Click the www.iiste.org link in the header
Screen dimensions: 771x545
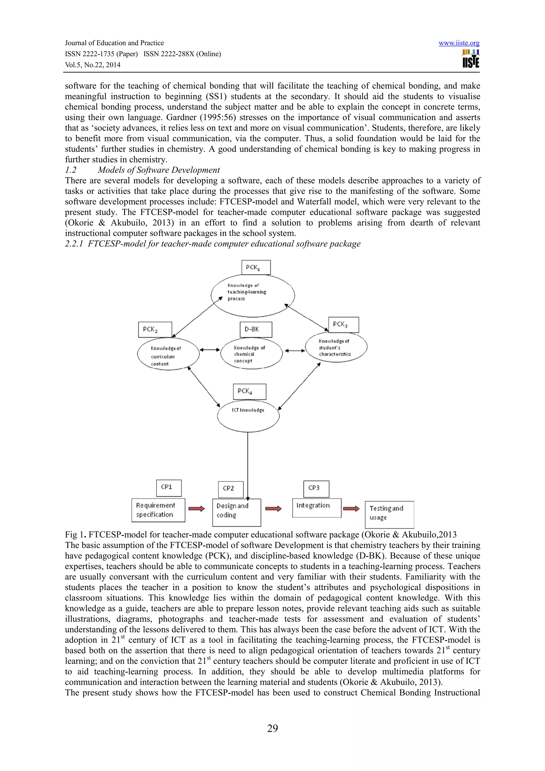click(x=459, y=43)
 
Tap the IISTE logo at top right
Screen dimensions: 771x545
click(x=470, y=59)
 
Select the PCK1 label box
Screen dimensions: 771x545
click(x=256, y=267)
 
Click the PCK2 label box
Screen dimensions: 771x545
click(x=155, y=329)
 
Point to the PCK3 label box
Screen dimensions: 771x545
click(x=343, y=325)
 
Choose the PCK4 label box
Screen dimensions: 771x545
click(x=250, y=392)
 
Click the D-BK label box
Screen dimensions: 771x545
click(x=256, y=329)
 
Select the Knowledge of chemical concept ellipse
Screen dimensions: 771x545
click(x=251, y=354)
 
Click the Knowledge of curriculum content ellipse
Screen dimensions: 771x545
click(x=168, y=355)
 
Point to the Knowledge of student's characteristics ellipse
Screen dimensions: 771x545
click(x=336, y=347)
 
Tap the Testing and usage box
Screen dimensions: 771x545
click(x=389, y=515)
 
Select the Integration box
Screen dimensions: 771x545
click(x=317, y=507)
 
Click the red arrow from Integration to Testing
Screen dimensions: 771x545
click(x=351, y=509)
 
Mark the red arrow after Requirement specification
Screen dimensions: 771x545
click(x=196, y=509)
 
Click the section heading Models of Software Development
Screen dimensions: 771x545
click(x=159, y=170)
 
